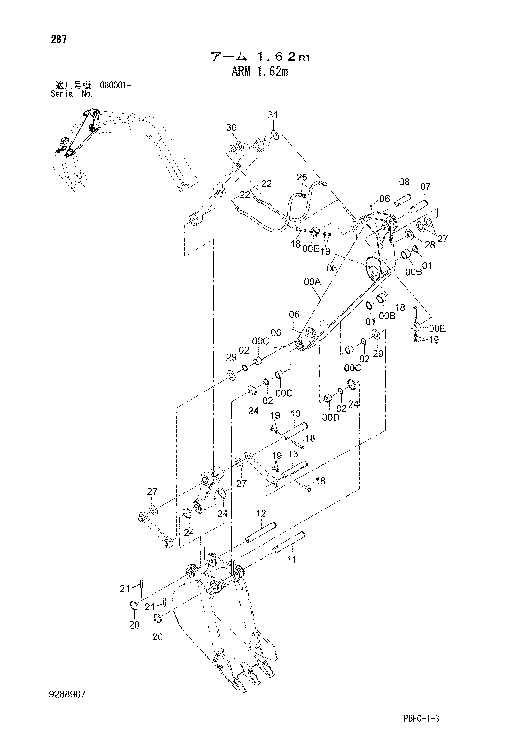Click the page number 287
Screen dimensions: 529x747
59,39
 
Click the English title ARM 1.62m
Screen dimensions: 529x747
260,72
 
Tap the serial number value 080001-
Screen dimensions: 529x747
116,86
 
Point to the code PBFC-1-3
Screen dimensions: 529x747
421,718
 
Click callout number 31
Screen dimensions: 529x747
273,115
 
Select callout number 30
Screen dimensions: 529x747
231,127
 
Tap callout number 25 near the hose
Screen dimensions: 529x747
302,177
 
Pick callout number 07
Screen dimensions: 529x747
425,187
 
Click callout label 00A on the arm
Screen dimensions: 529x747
312,282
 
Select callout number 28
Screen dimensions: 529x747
430,245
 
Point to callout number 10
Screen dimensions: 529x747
295,414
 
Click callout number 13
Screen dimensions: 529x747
293,454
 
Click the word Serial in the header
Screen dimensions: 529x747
64,94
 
